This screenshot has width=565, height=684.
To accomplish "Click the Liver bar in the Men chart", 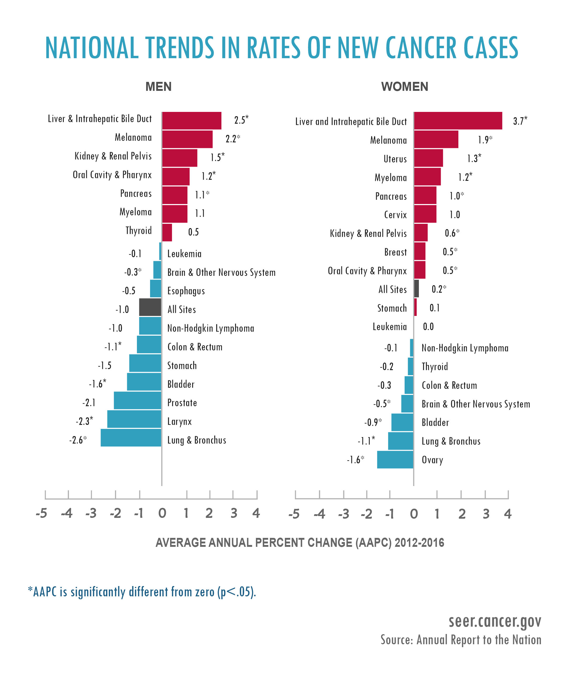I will [x=192, y=121].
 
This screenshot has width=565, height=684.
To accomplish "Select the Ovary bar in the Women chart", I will [x=395, y=459].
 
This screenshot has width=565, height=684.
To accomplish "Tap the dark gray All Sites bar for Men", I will [x=150, y=307].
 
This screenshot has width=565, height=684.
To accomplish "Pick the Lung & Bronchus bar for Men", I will [x=131, y=438].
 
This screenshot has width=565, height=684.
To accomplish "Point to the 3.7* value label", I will [x=520, y=121].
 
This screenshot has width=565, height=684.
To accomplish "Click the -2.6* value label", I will [x=78, y=440].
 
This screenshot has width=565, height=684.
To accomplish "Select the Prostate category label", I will [x=182, y=403].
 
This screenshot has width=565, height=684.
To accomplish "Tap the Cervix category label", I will [x=395, y=215].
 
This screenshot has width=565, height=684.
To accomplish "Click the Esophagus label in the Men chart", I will [x=186, y=291].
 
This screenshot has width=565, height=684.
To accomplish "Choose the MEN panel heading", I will [x=158, y=87].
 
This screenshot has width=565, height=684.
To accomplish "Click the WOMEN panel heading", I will [x=405, y=87].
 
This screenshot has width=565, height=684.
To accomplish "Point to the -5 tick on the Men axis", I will [x=42, y=513].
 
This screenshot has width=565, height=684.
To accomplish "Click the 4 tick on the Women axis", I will [x=508, y=514].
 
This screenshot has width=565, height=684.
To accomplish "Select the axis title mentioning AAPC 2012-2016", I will [x=300, y=543].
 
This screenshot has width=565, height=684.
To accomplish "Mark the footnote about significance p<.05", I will [x=142, y=592].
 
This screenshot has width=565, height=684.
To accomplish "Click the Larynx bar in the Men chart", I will [x=134, y=419].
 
